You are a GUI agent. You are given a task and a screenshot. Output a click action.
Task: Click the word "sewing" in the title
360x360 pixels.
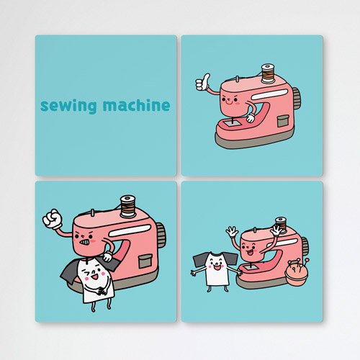coord(68,106)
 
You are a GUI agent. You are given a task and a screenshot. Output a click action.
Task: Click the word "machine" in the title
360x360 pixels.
coord(136,105)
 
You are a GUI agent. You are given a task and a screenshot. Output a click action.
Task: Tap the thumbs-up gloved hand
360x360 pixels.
coord(202,82)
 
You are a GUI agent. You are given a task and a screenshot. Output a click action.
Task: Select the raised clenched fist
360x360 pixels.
coord(53,218)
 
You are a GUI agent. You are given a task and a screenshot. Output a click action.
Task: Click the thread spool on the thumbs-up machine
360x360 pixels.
coord(268,73)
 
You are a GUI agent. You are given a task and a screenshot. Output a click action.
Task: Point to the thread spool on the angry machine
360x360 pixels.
coord(127,206)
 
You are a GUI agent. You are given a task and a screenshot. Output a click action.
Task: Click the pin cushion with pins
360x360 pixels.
coord(297,272)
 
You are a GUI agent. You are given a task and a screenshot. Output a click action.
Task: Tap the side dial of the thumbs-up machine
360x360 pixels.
coord(297,98)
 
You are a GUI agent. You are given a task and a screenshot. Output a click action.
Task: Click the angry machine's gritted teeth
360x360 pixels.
coord(85,242)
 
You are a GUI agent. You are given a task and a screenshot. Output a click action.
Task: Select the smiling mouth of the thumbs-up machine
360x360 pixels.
coord(228,103)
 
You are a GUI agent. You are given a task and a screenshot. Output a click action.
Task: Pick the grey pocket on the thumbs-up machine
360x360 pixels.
coord(283,121)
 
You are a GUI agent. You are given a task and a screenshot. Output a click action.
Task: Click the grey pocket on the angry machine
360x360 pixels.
coord(145,261)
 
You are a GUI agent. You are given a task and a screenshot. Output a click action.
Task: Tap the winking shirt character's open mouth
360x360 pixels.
coord(95,276)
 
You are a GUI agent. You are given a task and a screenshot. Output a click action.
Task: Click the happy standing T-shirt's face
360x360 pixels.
coord(217,264)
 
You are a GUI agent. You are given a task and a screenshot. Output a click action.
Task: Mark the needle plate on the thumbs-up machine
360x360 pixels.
coord(233,123)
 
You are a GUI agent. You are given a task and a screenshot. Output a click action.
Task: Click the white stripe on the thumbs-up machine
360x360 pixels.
coord(270,94)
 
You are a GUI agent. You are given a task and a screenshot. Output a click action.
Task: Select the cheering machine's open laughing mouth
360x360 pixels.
coord(250,253)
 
